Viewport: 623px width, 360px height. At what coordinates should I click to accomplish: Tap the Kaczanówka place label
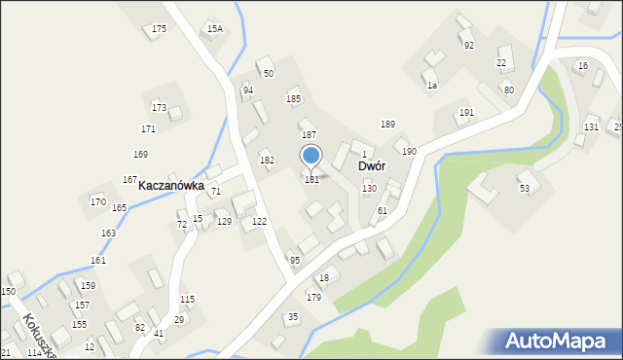pos(170,185)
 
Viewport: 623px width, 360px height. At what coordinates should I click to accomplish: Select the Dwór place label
pos(372,166)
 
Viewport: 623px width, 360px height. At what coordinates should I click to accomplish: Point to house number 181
pos(311,180)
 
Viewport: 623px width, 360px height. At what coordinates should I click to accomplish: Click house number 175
pos(159,29)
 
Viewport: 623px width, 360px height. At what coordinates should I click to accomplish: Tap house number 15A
pos(214,29)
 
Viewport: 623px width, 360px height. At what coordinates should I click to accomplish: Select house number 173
pos(159,107)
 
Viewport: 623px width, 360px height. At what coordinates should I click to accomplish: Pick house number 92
pos(468,46)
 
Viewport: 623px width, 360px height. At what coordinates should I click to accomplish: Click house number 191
pos(466,113)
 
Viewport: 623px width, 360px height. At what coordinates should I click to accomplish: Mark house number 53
pos(524,188)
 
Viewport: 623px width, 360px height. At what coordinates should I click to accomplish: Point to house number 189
pos(387,125)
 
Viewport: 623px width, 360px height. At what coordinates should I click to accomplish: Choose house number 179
pos(313,298)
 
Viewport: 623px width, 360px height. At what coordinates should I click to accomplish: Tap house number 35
pos(292,317)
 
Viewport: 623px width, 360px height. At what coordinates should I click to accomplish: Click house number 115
pos(187,300)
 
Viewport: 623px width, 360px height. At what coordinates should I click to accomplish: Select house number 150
pos(8,292)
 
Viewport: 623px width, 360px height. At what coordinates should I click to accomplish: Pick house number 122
pos(259,223)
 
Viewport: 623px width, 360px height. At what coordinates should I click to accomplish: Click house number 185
pos(293,99)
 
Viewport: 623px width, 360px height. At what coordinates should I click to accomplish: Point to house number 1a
pos(431,86)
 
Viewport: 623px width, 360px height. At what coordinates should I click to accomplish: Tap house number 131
pos(591,127)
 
